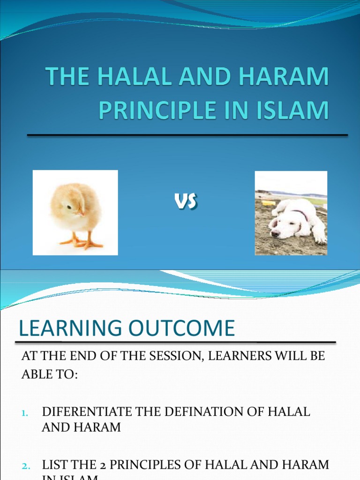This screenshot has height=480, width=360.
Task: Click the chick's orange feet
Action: (82, 242)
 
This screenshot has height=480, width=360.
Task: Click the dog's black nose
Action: (274, 233)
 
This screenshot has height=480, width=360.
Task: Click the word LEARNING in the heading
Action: (70, 329)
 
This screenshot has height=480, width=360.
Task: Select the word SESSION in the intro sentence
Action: (176, 356)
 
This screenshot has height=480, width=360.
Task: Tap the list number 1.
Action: (25, 413)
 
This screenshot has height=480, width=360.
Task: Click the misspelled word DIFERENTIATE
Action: (84, 412)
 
